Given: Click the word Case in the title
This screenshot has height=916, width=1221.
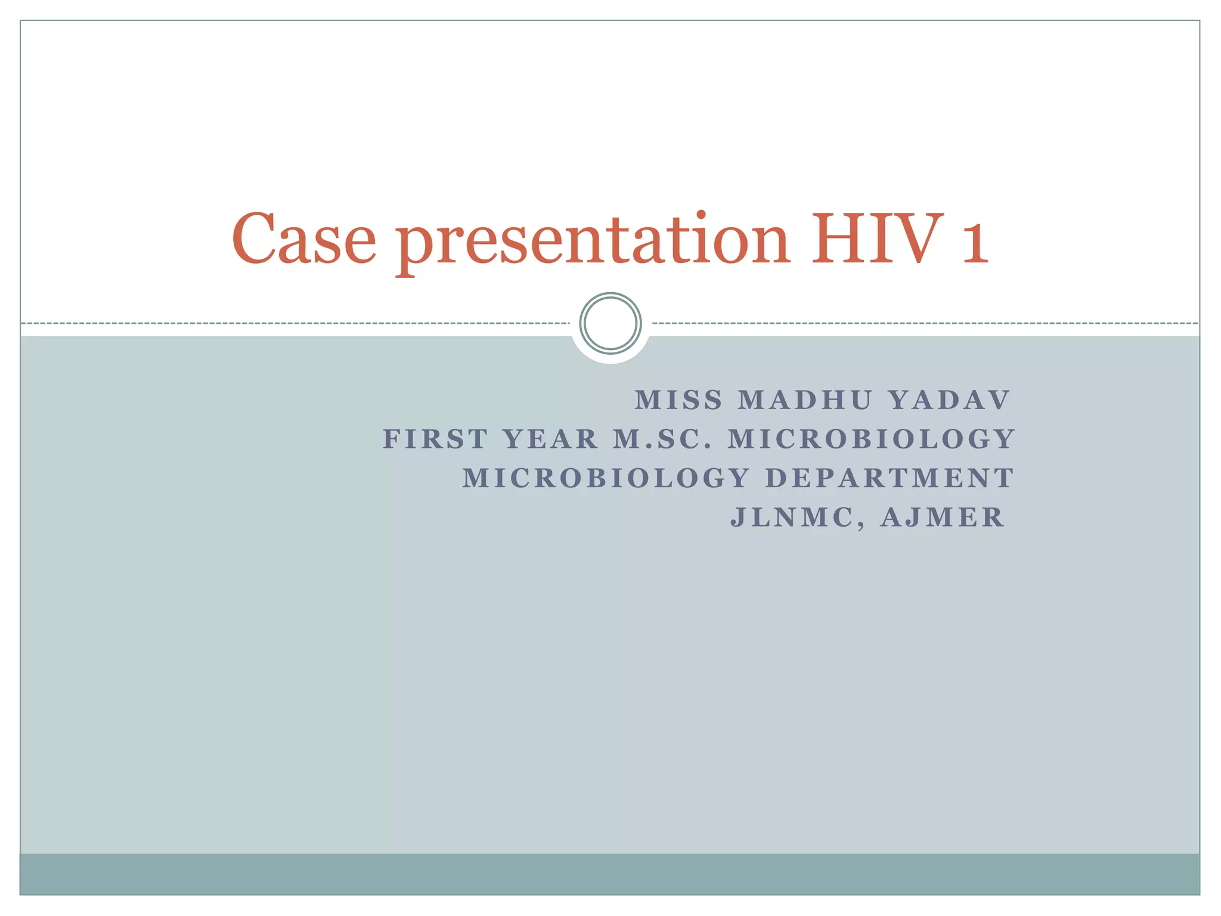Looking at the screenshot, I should (304, 240).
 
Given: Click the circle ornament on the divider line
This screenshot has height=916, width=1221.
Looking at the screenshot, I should (610, 323).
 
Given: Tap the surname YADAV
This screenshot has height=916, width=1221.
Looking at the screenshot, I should (950, 400).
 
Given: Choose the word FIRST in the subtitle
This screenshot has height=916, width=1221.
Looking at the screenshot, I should (435, 440).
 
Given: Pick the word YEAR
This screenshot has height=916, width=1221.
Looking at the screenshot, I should (551, 440).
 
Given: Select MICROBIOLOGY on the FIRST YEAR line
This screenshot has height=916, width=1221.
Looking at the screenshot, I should (872, 440).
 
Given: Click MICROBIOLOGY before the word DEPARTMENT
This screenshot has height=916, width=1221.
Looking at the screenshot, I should (606, 478).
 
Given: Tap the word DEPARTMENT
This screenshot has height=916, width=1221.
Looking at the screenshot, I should (890, 478).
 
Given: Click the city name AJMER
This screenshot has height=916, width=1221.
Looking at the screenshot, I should (943, 518).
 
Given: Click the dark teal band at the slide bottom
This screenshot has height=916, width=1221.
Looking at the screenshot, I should (610, 874).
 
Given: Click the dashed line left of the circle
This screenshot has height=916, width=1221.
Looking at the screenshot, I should (298, 323).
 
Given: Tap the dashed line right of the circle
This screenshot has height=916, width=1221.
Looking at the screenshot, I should (924, 323).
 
